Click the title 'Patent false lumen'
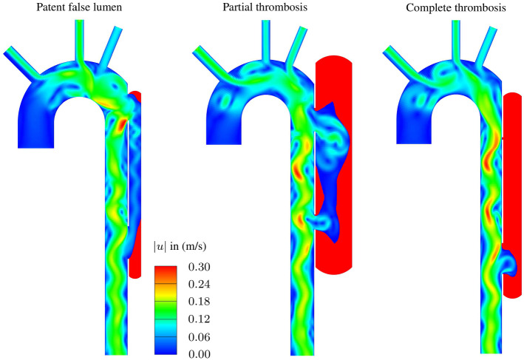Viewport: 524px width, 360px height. [79, 7]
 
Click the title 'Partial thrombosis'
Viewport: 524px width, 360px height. [265, 7]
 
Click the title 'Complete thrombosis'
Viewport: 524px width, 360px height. [456, 7]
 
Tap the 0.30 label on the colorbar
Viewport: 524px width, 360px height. [199, 267]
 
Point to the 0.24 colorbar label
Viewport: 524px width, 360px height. [199, 284]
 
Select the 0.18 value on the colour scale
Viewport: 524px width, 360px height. [199, 302]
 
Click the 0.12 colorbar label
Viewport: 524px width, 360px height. [199, 319]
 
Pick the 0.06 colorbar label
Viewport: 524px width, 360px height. [199, 336]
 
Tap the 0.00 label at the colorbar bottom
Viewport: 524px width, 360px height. [199, 354]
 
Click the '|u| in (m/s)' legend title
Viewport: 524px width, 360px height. [180, 247]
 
